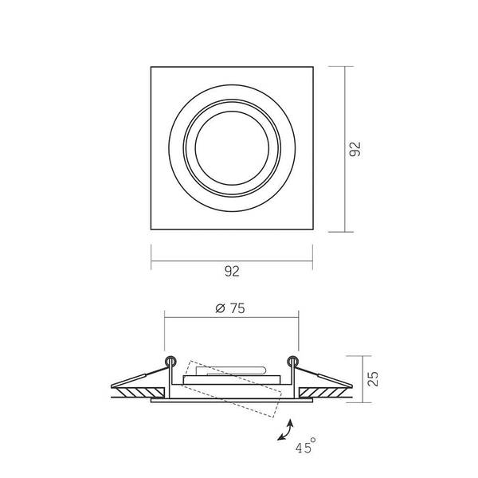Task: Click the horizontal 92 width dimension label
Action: point(232,272)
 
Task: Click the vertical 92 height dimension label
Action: point(355,149)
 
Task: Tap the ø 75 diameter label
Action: point(230,308)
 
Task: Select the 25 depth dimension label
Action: point(373,379)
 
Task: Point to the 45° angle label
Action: point(305,446)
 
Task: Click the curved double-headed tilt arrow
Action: point(286,430)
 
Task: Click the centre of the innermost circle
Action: point(232,148)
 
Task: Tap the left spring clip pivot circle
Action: point(170,361)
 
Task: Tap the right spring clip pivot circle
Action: point(292,361)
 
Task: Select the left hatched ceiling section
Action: point(139,392)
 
